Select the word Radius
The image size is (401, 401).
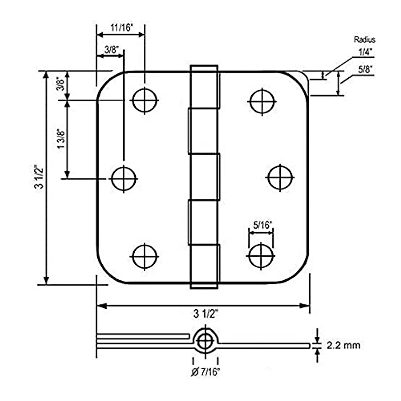(x=365, y=40)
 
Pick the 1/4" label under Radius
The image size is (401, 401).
(x=365, y=52)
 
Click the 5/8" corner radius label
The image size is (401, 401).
(x=365, y=70)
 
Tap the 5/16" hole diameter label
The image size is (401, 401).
(x=261, y=225)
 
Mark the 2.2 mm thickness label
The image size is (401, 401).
(x=344, y=345)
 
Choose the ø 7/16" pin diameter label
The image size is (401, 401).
(x=206, y=372)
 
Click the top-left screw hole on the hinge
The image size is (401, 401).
(x=145, y=100)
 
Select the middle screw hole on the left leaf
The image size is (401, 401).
(x=124, y=178)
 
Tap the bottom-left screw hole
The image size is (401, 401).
(x=145, y=256)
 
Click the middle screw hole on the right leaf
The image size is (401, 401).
(x=280, y=177)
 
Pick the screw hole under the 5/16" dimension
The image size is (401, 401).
(x=261, y=256)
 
